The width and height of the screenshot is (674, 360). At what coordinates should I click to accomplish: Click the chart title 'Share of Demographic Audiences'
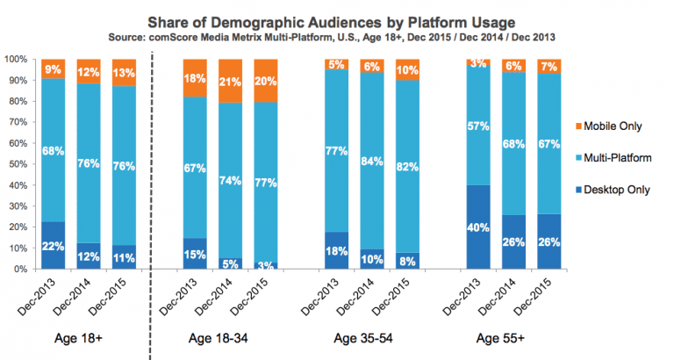338,20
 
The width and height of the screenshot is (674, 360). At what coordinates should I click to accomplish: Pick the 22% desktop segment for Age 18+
54,246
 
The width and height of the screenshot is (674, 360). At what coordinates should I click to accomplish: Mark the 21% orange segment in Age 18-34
230,82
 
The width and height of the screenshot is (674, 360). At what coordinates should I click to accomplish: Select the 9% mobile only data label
54,68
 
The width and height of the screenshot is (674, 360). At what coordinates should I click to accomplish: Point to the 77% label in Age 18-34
265,184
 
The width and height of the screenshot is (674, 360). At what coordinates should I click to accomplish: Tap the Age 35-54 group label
369,337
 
